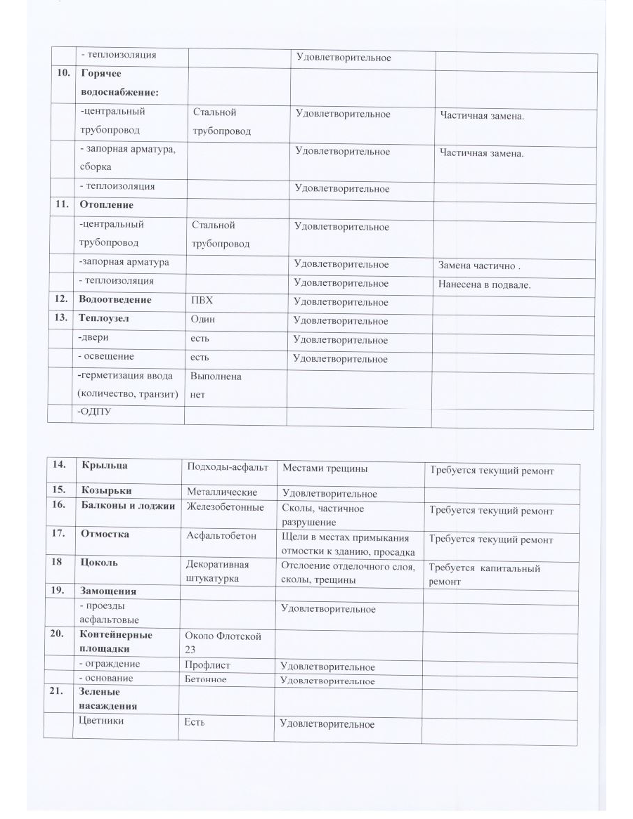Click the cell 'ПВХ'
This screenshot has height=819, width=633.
coord(202,302)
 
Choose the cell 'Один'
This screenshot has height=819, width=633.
coord(203,320)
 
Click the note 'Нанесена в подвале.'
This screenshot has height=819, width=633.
coord(484,285)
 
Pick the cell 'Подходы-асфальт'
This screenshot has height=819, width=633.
coord(227,468)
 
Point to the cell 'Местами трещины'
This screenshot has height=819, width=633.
coord(325,468)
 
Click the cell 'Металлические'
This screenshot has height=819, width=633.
coord(221,492)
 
